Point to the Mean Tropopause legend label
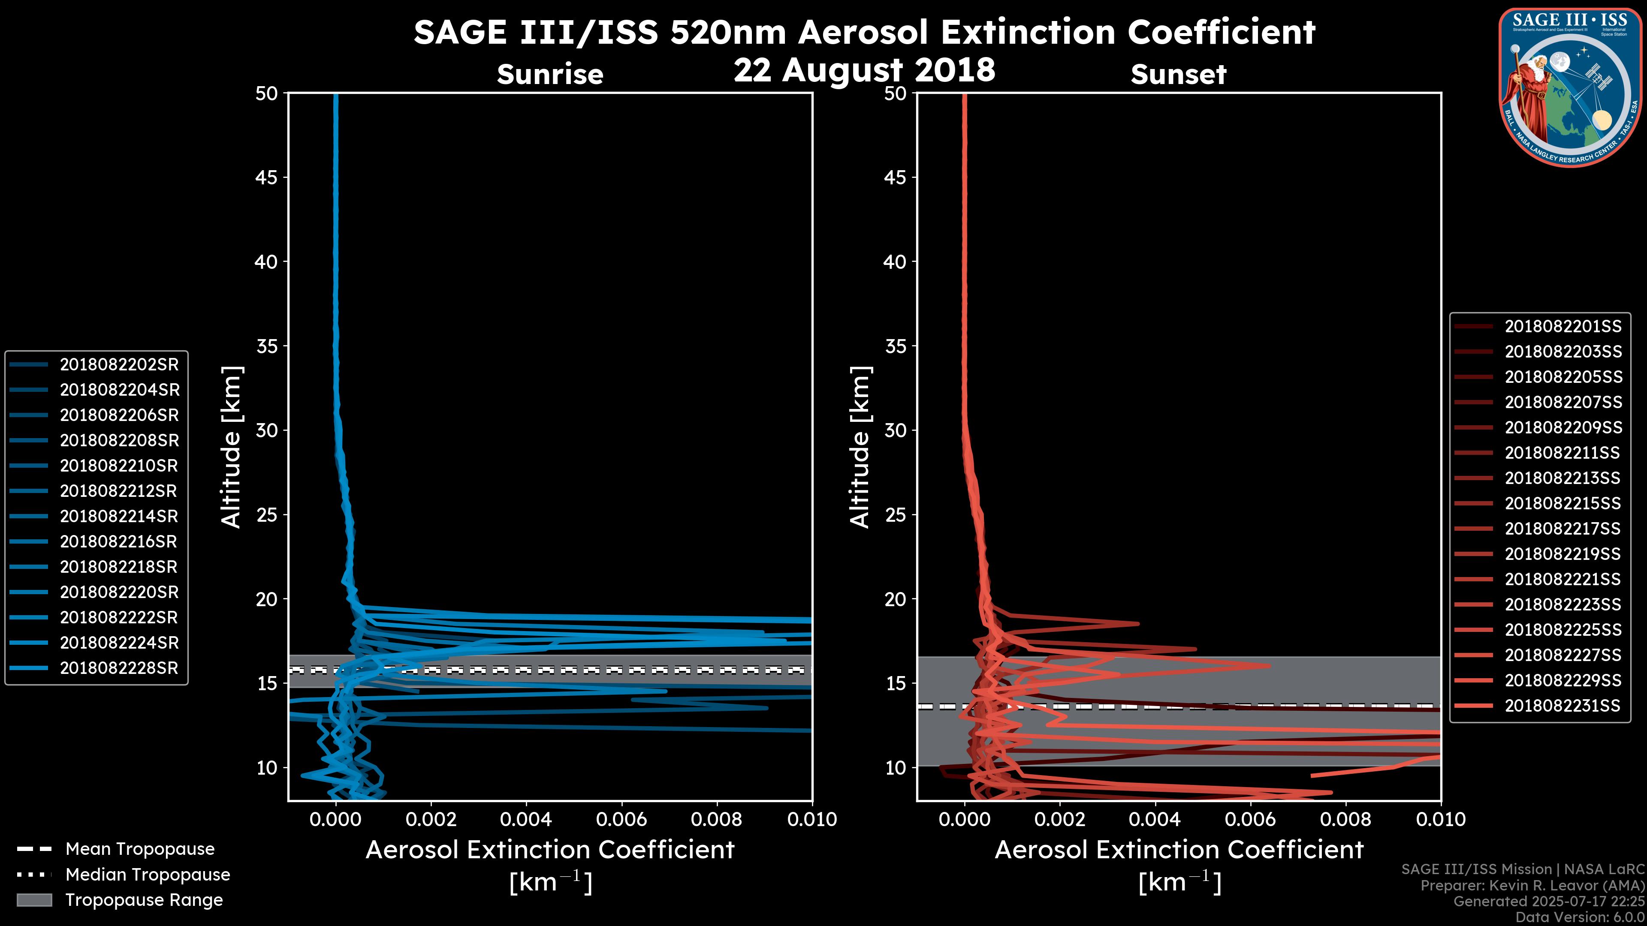pos(140,849)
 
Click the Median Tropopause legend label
pos(148,875)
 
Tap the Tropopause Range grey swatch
pos(34,900)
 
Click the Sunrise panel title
pos(550,75)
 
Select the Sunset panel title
pos(1178,75)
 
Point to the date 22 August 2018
pos(864,69)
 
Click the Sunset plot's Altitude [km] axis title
pos(860,447)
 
